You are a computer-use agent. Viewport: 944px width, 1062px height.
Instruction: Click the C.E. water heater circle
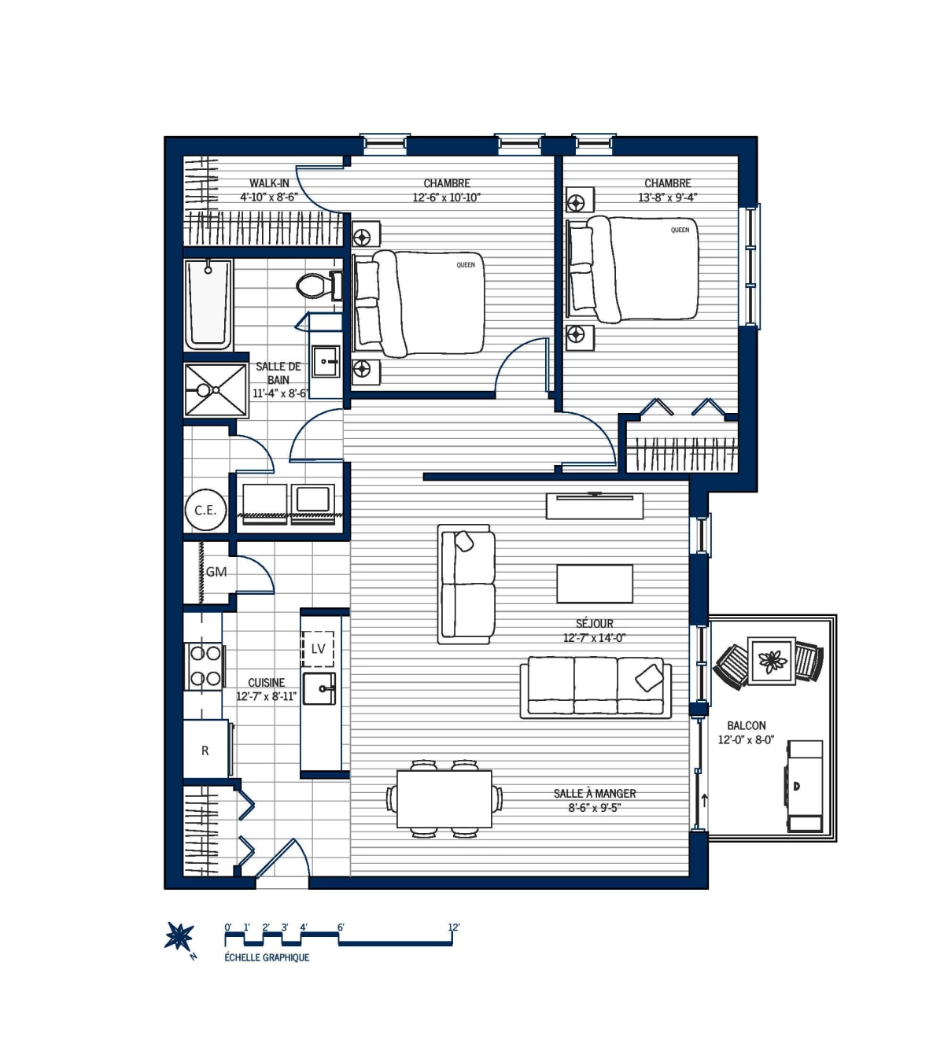tap(205, 510)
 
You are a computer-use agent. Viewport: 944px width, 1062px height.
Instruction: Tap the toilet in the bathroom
tap(315, 284)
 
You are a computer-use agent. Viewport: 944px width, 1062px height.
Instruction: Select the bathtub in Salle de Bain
tap(208, 304)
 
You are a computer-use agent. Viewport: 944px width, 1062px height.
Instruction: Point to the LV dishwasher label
tap(318, 649)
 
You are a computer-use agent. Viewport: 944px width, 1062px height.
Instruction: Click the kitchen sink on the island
tap(321, 688)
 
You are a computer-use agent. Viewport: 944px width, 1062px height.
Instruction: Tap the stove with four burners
tap(205, 666)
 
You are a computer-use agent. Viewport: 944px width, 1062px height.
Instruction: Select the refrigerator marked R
tap(206, 750)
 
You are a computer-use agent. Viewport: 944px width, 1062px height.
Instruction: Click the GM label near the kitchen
tap(216, 572)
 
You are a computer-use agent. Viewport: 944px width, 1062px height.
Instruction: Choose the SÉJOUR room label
tap(594, 623)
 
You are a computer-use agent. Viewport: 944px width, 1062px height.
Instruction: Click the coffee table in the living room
tap(595, 584)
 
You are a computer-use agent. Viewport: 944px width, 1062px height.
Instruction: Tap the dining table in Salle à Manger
tap(444, 798)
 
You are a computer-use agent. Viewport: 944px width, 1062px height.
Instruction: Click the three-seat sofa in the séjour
tap(596, 687)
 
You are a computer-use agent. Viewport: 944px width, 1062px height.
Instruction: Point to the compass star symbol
tap(179, 936)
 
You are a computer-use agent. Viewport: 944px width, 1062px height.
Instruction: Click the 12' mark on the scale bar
tap(453, 927)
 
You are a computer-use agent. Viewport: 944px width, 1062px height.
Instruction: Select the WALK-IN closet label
tap(269, 183)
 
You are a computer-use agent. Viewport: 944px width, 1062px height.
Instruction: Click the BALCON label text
tap(746, 725)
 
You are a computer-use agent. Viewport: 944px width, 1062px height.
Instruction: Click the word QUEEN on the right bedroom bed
tap(680, 230)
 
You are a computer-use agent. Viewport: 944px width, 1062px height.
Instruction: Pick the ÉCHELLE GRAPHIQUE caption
tap(267, 957)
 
